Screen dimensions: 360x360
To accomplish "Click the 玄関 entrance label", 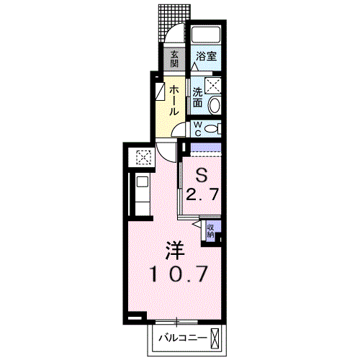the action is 174,59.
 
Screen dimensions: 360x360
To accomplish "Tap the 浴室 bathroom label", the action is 207,56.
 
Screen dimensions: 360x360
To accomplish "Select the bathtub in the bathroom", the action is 206,34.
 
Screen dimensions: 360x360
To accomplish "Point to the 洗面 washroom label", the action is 197,97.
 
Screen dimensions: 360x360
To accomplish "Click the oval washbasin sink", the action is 215,105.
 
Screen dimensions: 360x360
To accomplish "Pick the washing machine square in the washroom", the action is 212,85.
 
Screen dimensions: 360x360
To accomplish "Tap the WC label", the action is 197,129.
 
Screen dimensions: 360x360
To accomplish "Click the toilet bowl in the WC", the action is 212,129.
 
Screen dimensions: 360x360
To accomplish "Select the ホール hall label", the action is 174,101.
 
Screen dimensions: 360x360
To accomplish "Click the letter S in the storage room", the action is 202,175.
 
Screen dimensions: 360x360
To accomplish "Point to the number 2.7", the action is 202,194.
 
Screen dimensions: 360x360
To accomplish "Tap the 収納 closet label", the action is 210,231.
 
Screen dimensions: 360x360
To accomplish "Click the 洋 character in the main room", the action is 175,251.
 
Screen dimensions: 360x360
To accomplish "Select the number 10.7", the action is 179,274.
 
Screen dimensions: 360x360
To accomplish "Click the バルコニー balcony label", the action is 183,338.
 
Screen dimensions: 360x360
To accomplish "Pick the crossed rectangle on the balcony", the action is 215,338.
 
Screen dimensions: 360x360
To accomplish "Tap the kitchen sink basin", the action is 143,182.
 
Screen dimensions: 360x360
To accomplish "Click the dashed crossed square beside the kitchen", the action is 143,157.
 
